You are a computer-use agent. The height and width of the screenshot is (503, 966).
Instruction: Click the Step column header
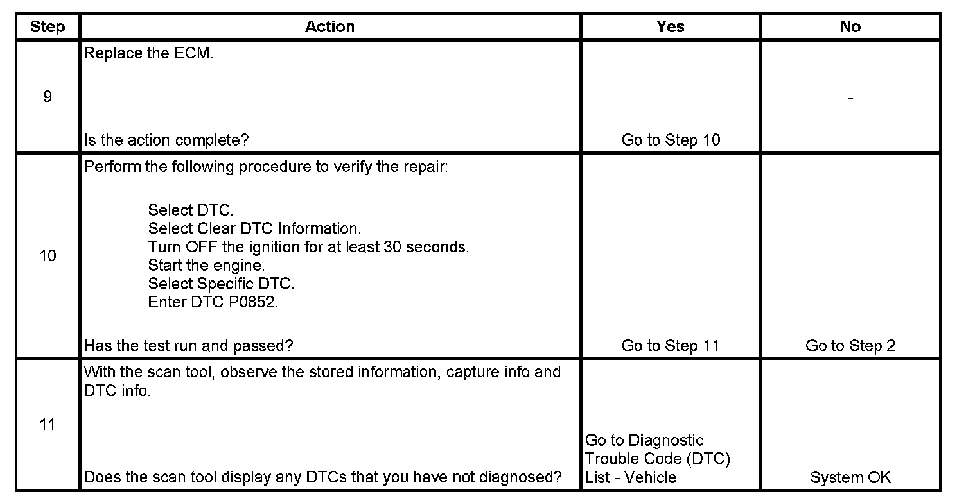click(x=48, y=27)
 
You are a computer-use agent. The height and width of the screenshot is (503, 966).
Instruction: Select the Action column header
click(x=329, y=27)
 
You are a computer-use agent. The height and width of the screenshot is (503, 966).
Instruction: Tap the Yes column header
click(x=670, y=27)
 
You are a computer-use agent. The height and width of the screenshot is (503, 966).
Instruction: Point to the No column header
click(x=850, y=27)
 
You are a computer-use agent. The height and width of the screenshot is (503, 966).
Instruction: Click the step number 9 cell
click(x=48, y=98)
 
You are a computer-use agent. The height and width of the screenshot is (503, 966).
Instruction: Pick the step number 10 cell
click(x=48, y=256)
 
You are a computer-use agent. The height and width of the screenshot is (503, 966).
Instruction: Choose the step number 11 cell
click(x=48, y=425)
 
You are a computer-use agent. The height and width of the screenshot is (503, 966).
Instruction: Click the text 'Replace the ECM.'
click(x=148, y=54)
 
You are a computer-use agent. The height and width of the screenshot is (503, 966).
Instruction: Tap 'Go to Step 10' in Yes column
click(x=671, y=140)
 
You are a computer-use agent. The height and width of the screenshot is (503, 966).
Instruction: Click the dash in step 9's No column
click(x=850, y=98)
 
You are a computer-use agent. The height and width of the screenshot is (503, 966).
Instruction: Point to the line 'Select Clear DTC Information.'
click(x=255, y=228)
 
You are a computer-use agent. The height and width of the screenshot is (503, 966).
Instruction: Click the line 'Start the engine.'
click(x=206, y=265)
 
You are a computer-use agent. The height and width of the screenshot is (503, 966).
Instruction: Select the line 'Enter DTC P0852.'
click(x=213, y=302)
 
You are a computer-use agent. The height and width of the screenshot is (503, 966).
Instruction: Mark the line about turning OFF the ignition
click(x=308, y=247)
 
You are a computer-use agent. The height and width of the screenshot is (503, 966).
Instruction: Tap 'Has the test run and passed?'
click(x=188, y=346)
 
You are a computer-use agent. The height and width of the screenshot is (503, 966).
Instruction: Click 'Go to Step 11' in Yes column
click(x=671, y=346)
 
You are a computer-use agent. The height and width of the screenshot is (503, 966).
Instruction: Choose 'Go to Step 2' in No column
click(x=850, y=346)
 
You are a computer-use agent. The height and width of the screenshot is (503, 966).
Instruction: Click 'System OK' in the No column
click(x=850, y=477)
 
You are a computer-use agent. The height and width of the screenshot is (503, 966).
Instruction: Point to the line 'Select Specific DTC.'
click(x=221, y=284)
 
